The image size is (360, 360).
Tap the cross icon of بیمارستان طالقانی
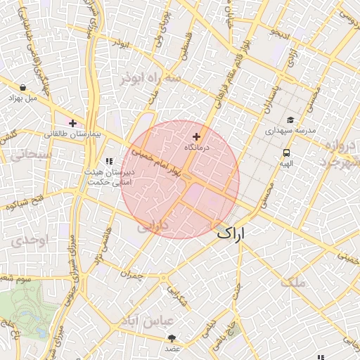[x=72, y=123]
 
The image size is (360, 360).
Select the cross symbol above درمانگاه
[x=195, y=136]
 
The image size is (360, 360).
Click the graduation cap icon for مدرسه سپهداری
[x=290, y=120]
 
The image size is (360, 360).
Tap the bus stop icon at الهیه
[x=286, y=152]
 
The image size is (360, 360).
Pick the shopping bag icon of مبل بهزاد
[x=23, y=88]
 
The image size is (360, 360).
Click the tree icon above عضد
[x=172, y=338]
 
